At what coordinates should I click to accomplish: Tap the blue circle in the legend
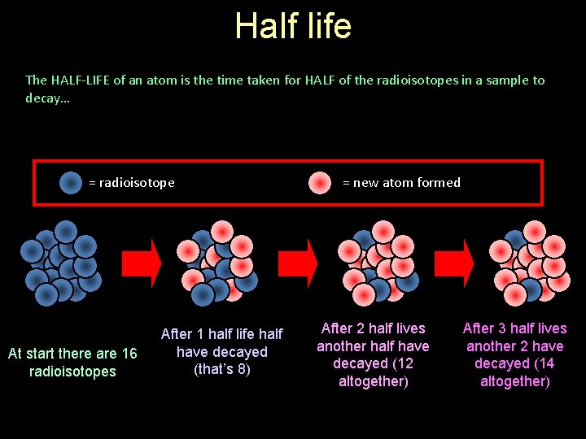pos(71,183)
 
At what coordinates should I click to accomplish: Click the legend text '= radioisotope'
pos(132,183)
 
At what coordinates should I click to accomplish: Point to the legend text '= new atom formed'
pos(401,183)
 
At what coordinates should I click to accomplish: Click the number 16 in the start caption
pos(129,354)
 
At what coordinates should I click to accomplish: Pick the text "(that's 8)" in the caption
pos(221,369)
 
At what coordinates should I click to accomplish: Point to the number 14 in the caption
pos(544,363)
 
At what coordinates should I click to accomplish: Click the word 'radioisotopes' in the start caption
pos(72,372)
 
